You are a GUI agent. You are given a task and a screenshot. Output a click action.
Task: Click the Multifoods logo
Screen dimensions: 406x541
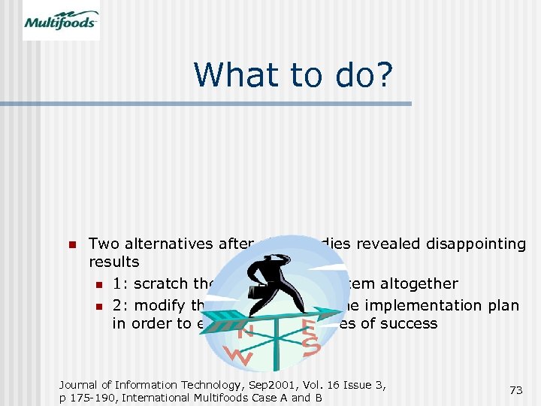61,20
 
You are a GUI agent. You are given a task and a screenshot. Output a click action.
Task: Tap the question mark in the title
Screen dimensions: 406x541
380,74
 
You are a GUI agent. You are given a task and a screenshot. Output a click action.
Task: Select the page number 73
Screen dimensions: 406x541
515,390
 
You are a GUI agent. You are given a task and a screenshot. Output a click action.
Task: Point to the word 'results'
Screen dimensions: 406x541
114,262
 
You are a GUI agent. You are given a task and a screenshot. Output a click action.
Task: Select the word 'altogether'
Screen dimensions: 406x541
419,283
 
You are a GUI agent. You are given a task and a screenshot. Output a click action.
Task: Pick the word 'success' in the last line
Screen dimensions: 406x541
411,323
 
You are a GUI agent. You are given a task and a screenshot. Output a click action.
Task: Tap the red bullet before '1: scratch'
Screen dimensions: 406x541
98,284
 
